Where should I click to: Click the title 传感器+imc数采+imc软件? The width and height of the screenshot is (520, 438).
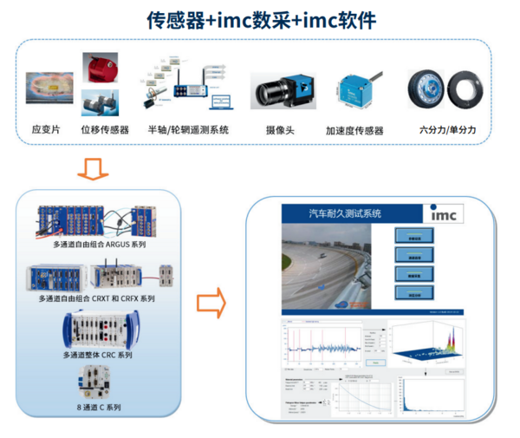pos(260,18)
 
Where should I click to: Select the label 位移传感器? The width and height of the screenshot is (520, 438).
pos(105,130)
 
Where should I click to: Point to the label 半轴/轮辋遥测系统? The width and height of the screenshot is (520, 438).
pos(188,130)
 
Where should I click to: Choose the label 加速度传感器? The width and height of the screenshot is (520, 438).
pos(354,131)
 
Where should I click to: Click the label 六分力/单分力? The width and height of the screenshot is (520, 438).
pos(447,129)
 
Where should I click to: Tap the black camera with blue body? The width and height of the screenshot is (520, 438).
pos(281,90)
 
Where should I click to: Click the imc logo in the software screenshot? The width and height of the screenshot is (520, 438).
pos(447,213)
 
